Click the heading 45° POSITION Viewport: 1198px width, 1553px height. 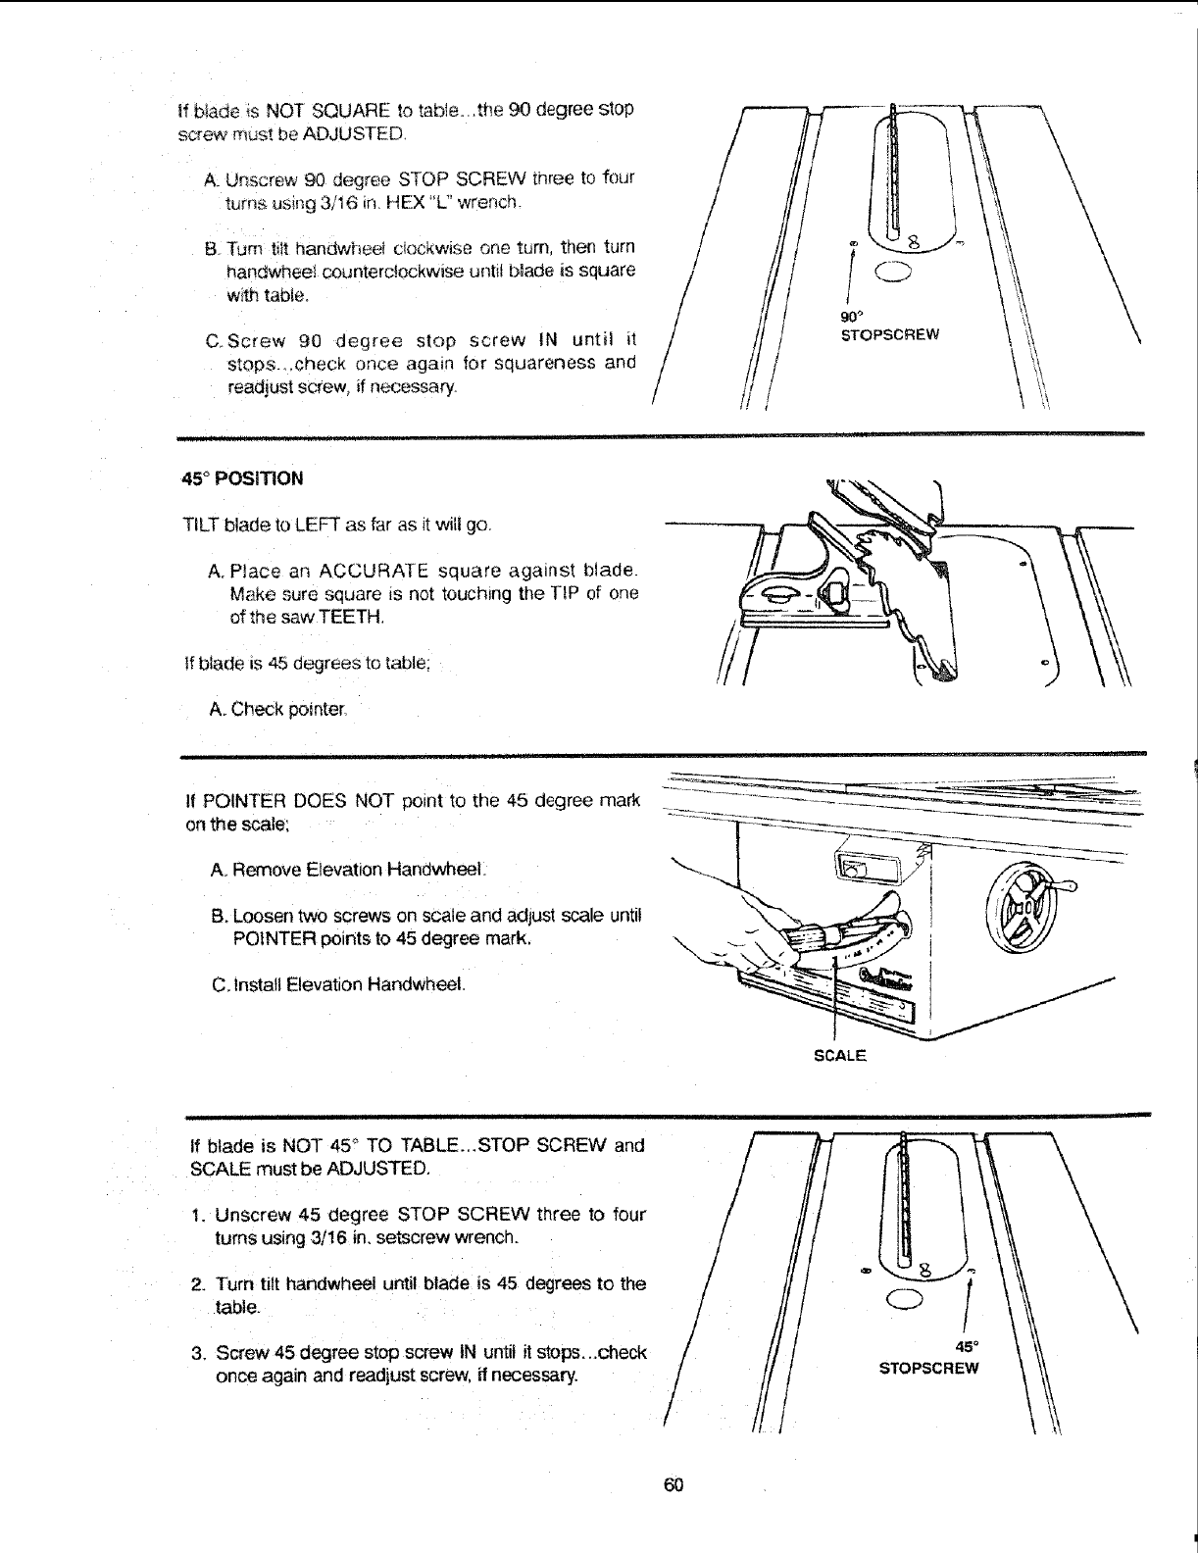(243, 479)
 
